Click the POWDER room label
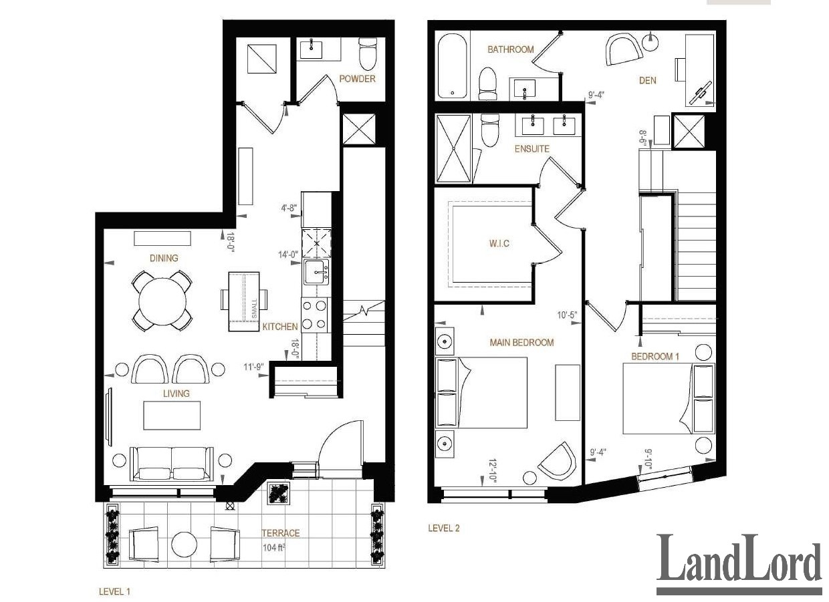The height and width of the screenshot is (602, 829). pos(357,79)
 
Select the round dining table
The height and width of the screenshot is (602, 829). pos(162,301)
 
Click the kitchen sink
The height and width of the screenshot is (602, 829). pos(316,272)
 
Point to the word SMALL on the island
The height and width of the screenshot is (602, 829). pos(254,309)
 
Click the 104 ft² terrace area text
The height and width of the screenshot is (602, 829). pos(274,548)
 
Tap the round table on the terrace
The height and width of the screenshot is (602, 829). pos(185,544)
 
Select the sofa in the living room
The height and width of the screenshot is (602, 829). pos(172,464)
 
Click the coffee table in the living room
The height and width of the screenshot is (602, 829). pos(172,416)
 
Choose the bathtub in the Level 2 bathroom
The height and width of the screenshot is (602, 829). pos(452,67)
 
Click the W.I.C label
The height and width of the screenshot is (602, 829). pos(499,244)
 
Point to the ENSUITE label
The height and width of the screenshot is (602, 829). pos(531,148)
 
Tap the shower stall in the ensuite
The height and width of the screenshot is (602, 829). pos(454,148)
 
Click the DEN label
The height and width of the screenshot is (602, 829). pos(647,80)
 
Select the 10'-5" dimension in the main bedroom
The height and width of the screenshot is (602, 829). pos(568,315)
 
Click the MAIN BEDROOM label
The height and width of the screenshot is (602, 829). pos(522,342)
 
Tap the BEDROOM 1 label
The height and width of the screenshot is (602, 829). pos(655,357)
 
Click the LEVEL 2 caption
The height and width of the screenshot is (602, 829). pos(444,528)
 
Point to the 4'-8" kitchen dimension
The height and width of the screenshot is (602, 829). pos(289,208)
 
